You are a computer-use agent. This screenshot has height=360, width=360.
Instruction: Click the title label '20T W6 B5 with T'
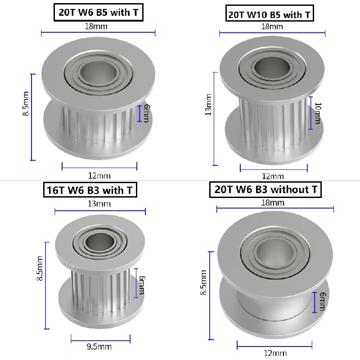[98, 13]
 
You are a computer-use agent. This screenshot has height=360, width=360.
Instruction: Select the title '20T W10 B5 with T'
[270, 15]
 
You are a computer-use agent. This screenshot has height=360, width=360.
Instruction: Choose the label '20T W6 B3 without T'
[265, 189]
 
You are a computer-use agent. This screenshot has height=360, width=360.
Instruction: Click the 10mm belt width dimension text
[317, 112]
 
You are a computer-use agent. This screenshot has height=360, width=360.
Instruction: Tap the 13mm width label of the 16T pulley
[99, 203]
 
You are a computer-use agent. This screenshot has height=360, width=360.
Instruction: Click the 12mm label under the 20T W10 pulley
[273, 176]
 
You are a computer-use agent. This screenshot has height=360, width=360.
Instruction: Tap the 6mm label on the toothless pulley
[322, 301]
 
